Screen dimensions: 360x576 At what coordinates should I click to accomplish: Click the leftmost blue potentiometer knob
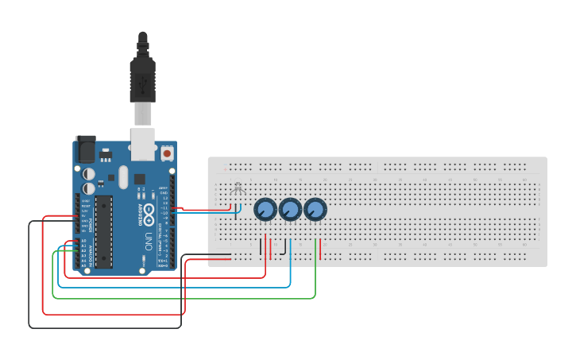[x=265, y=209]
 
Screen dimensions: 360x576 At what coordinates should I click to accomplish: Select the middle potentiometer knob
[x=290, y=209]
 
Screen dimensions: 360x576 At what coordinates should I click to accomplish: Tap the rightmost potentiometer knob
[x=315, y=209]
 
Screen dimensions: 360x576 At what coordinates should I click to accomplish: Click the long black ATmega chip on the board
[x=104, y=231]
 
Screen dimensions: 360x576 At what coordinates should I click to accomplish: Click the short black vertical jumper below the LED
[x=261, y=246]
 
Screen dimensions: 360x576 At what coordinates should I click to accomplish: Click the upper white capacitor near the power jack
[x=89, y=172]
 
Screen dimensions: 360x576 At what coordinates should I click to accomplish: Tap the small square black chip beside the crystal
[x=140, y=179]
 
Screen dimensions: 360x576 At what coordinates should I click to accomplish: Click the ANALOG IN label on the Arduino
[x=91, y=255]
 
